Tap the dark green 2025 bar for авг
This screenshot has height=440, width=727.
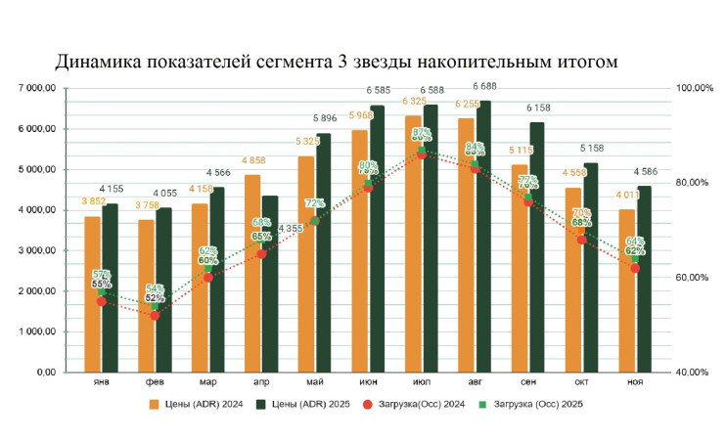485,235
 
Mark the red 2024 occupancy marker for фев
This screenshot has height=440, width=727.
155,315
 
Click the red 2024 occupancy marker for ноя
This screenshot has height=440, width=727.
635,268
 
